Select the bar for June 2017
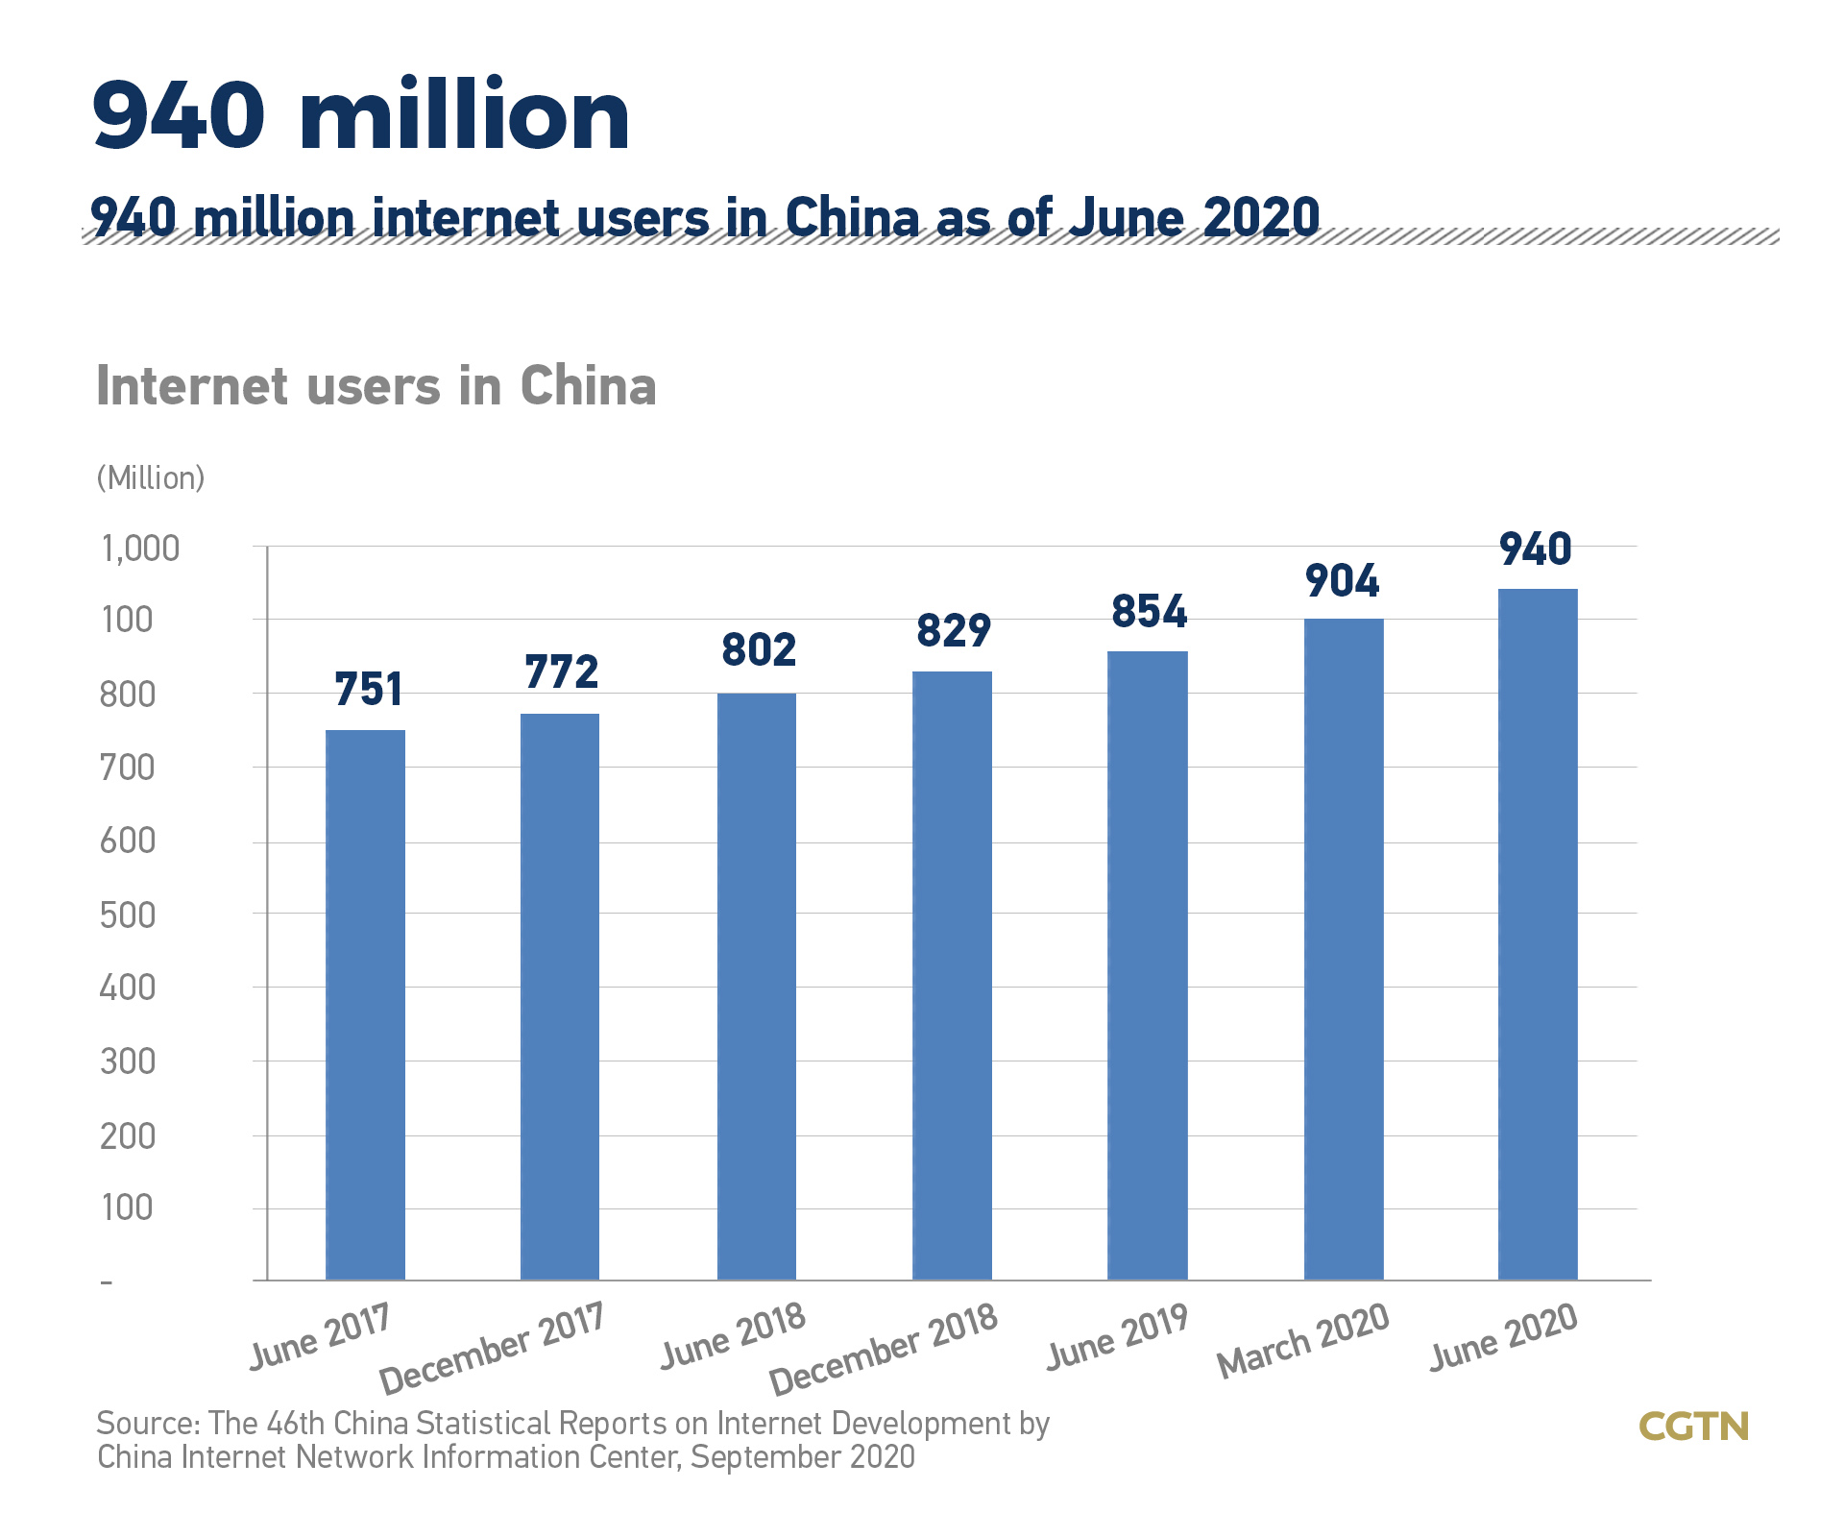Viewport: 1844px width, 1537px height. coord(365,1005)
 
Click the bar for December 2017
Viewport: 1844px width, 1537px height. coord(560,997)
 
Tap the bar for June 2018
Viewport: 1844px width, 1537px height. coord(757,987)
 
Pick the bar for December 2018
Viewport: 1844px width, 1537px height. coord(952,976)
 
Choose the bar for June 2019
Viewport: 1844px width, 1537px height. coord(1148,965)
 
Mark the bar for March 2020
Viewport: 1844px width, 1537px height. coord(1344,949)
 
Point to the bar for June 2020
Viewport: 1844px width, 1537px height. coord(1538,935)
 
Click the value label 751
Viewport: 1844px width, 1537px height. coord(369,689)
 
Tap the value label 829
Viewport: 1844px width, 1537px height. coord(953,630)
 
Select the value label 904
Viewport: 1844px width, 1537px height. coord(1343,581)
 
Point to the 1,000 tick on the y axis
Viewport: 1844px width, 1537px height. coord(140,549)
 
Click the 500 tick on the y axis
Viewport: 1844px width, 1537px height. coord(128,915)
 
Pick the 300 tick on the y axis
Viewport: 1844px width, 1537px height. coord(128,1061)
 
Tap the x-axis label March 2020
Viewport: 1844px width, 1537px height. coord(1303,1340)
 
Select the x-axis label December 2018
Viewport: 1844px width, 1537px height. coord(885,1349)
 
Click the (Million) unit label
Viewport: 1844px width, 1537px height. coord(151,477)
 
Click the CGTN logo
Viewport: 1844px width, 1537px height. coord(1694,1427)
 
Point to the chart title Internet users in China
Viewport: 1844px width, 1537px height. coord(376,386)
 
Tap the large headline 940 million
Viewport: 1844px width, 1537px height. coord(361,115)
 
